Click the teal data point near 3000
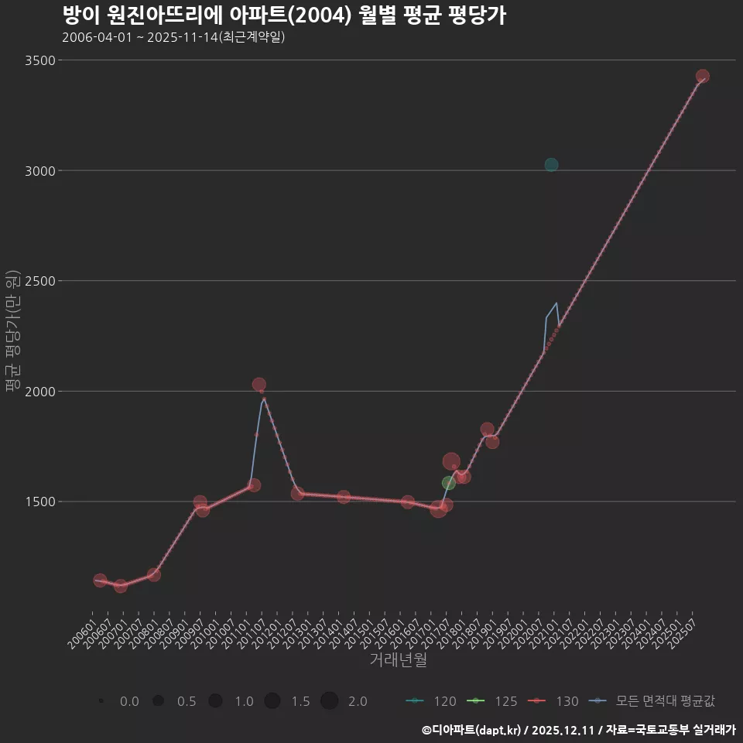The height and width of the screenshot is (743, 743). [551, 165]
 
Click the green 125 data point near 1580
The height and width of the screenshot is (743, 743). [449, 483]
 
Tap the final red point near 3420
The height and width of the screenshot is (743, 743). [703, 77]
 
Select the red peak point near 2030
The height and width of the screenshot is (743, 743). [259, 385]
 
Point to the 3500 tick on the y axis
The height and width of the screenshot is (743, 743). [40, 60]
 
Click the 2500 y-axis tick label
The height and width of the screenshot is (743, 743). [40, 281]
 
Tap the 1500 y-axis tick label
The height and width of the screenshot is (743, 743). [40, 502]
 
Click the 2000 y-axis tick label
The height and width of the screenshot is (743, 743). [40, 392]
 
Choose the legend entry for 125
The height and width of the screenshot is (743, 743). [492, 701]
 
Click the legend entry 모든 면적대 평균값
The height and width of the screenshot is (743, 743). [652, 701]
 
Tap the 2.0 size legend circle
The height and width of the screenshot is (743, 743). [329, 701]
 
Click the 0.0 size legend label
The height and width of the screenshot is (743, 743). [129, 701]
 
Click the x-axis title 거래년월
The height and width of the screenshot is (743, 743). [398, 660]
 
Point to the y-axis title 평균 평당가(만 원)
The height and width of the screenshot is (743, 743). [12, 333]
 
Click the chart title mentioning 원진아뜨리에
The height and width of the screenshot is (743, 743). [283, 15]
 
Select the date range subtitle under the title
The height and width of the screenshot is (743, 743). [173, 37]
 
